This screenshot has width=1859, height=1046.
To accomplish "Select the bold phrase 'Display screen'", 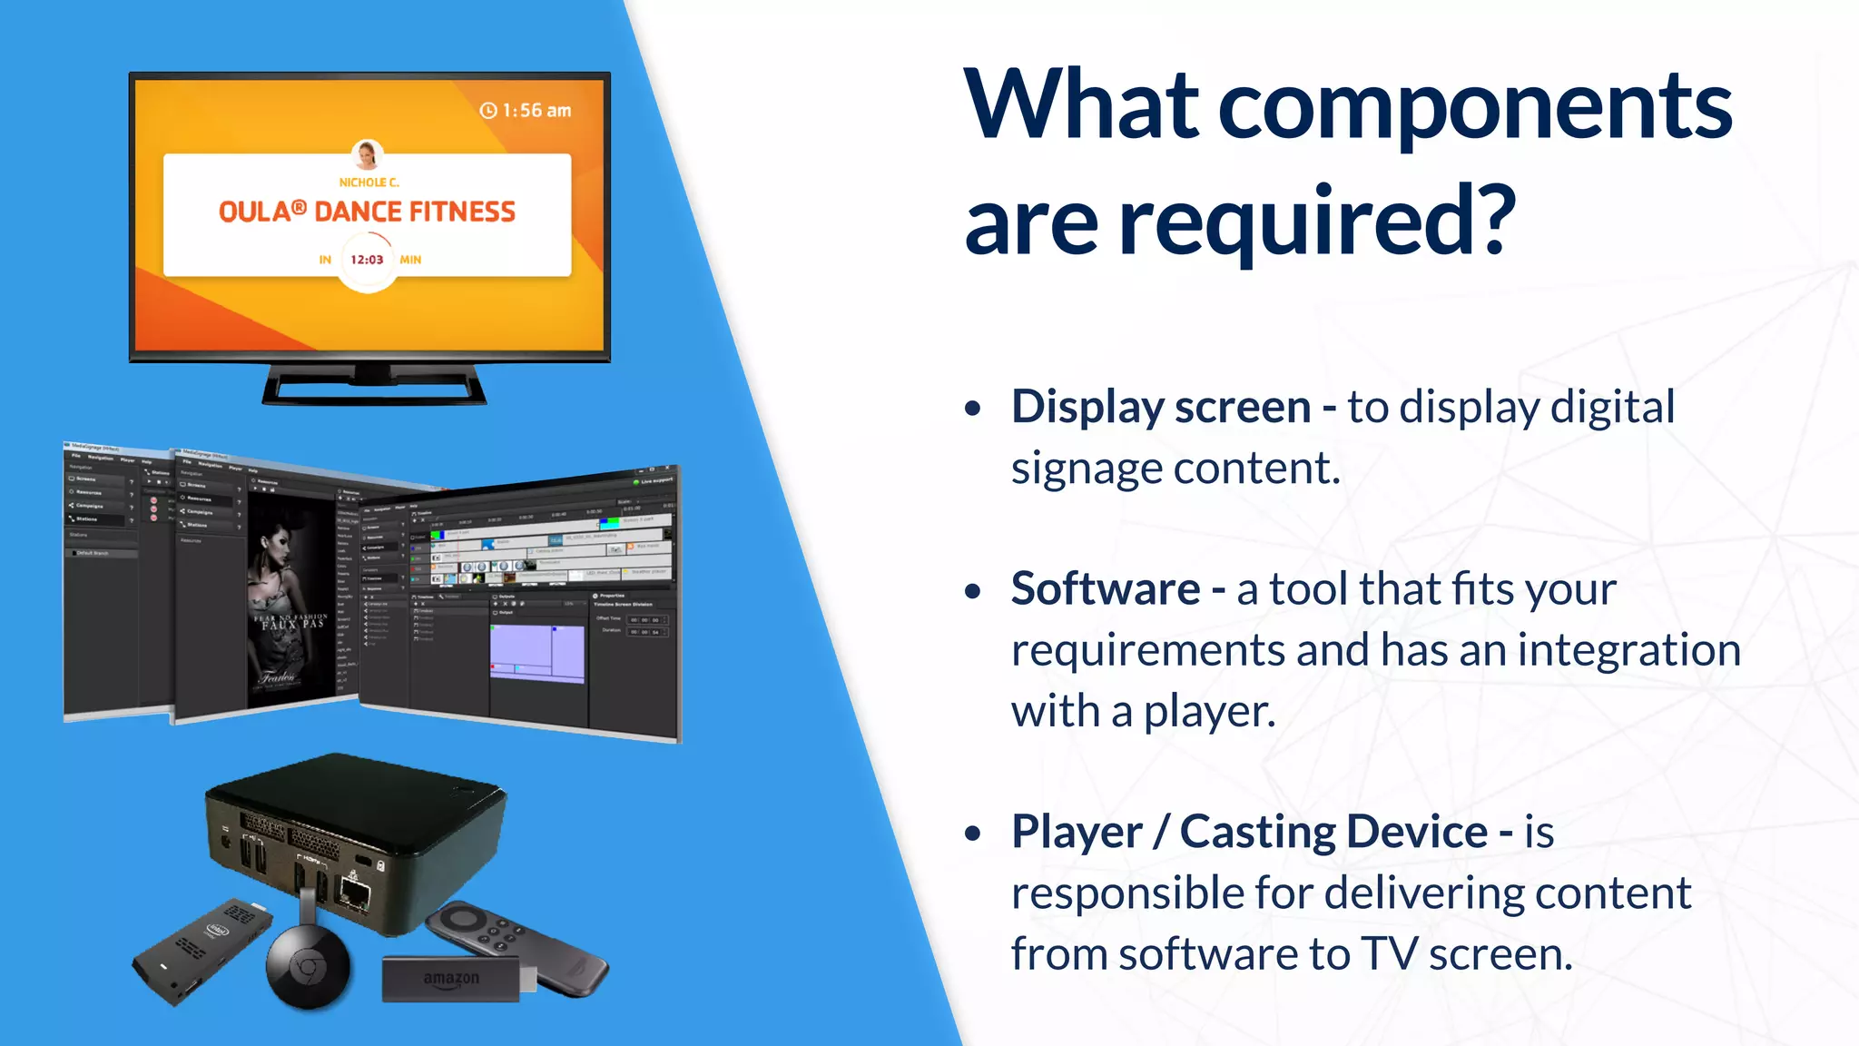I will (x=1161, y=407).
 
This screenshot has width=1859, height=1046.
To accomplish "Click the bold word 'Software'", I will (x=1106, y=589).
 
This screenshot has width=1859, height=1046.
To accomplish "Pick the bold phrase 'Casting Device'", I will (x=1333, y=832).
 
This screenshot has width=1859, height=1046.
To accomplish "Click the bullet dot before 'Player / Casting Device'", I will (x=973, y=834).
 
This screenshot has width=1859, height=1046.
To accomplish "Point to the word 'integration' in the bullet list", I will (x=1628, y=650).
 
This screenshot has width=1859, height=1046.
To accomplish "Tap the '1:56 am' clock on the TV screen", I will (x=526, y=111).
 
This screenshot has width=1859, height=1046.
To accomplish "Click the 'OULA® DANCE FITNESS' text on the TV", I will (x=367, y=212).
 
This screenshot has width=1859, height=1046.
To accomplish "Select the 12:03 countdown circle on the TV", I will (x=367, y=260).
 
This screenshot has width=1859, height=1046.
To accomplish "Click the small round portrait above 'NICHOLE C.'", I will (x=367, y=155).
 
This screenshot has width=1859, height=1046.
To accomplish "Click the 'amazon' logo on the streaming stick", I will (x=451, y=979).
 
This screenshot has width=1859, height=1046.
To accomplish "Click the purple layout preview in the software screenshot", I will (x=536, y=652).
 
